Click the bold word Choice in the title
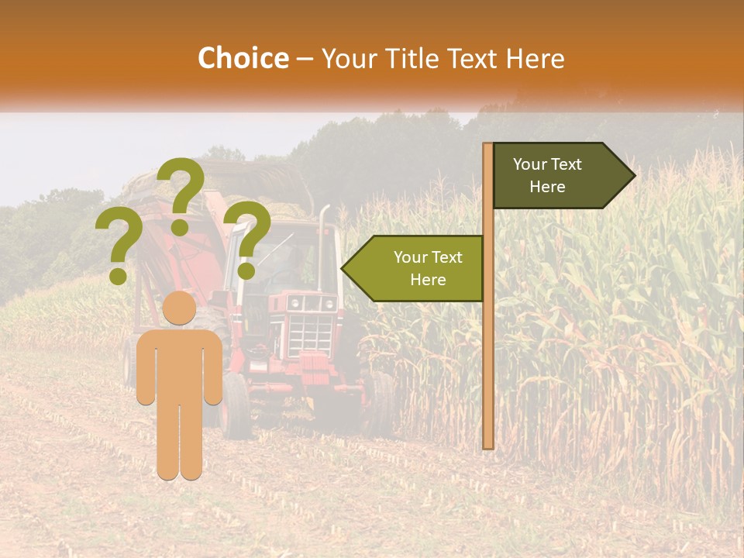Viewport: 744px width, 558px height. click(x=243, y=58)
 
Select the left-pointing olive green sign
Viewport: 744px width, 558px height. click(x=418, y=268)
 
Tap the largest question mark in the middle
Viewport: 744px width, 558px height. click(x=181, y=194)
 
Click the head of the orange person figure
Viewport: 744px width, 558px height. click(x=179, y=308)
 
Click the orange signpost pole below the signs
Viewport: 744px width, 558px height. click(x=488, y=372)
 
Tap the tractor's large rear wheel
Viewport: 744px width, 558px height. click(x=236, y=403)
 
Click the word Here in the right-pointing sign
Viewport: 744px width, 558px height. click(x=547, y=187)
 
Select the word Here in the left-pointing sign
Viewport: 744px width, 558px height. click(x=428, y=280)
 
